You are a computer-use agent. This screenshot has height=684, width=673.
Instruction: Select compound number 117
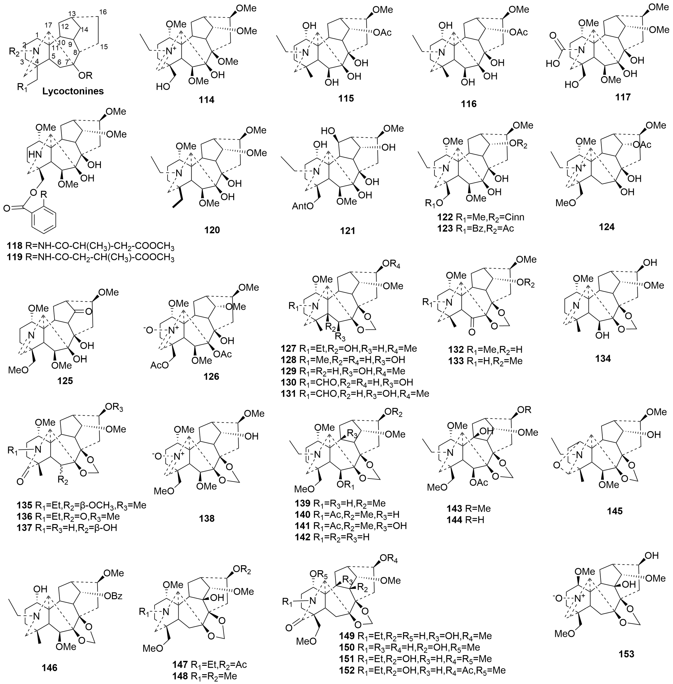(623, 97)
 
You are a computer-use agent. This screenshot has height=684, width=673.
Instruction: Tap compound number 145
(615, 511)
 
